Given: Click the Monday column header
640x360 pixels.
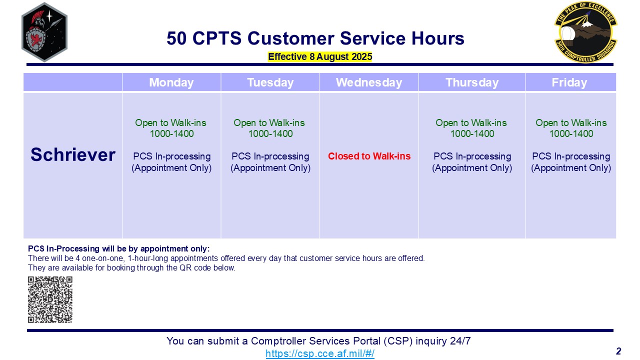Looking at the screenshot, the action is [x=171, y=82].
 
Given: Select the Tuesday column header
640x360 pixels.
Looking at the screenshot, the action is [x=270, y=82].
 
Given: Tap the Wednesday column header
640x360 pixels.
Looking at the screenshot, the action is [x=369, y=82].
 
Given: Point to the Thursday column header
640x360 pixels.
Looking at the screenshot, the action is [x=472, y=82].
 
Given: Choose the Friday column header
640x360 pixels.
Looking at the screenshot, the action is [x=569, y=82].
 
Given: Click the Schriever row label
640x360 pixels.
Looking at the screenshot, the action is [x=73, y=154].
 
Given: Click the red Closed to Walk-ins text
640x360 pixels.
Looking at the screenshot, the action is [x=369, y=156].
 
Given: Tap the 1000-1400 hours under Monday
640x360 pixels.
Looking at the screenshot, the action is [x=171, y=133].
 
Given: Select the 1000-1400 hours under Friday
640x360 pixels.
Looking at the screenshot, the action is [x=571, y=133].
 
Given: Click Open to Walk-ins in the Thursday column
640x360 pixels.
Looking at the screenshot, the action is [x=471, y=123].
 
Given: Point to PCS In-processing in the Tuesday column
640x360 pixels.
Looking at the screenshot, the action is [x=270, y=156].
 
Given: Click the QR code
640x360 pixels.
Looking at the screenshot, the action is [x=50, y=299].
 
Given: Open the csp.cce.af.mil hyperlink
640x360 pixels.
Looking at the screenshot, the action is [x=320, y=353].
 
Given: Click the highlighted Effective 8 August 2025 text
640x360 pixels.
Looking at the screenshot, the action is [x=320, y=56].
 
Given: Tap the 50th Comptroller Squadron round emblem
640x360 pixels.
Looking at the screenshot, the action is [x=585, y=32].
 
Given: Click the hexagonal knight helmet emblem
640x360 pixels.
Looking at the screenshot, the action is [x=44, y=32].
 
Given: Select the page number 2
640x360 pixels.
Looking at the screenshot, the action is [x=618, y=351].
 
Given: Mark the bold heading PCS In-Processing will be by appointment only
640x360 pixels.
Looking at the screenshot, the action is [x=119, y=248].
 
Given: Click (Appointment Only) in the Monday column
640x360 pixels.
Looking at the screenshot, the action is [x=171, y=167].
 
